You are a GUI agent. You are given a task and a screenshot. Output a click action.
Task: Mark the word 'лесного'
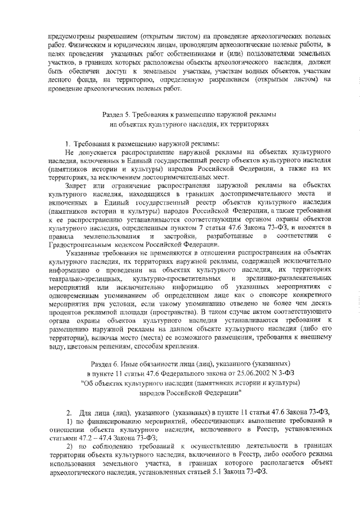[62, 80]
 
